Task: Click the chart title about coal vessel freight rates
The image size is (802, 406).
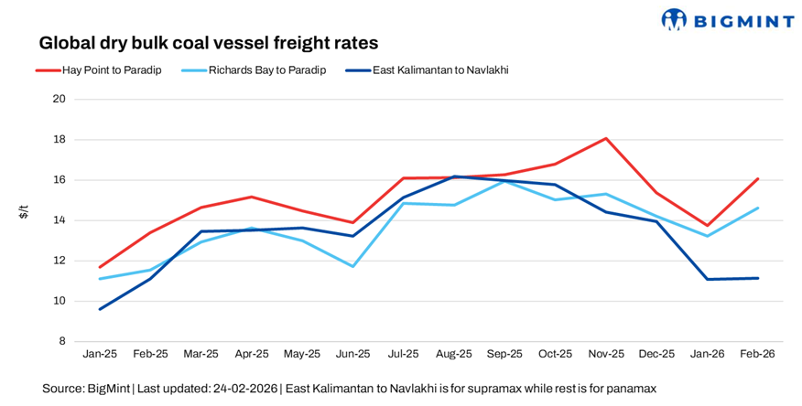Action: pyautogui.click(x=208, y=43)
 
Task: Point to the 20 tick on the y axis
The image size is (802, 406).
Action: pyautogui.click(x=60, y=100)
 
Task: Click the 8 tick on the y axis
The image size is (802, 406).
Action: pyautogui.click(x=63, y=341)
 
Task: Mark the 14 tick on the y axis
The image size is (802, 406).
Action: pyautogui.click(x=60, y=220)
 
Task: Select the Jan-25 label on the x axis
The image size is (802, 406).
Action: pyautogui.click(x=99, y=353)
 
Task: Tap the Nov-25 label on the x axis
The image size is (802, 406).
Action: pyautogui.click(x=606, y=353)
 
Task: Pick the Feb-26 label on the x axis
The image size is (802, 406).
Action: pyautogui.click(x=758, y=353)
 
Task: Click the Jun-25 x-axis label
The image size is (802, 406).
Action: pyautogui.click(x=352, y=353)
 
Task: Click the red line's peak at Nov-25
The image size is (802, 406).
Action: pyautogui.click(x=606, y=139)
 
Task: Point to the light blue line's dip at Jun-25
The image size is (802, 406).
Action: pyautogui.click(x=352, y=266)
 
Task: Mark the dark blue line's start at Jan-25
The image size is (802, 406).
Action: pyautogui.click(x=99, y=309)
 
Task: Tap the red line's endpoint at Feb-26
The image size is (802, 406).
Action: pyautogui.click(x=758, y=178)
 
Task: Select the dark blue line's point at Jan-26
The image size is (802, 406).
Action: pyautogui.click(x=707, y=279)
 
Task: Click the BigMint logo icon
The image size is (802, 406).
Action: pyautogui.click(x=674, y=19)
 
